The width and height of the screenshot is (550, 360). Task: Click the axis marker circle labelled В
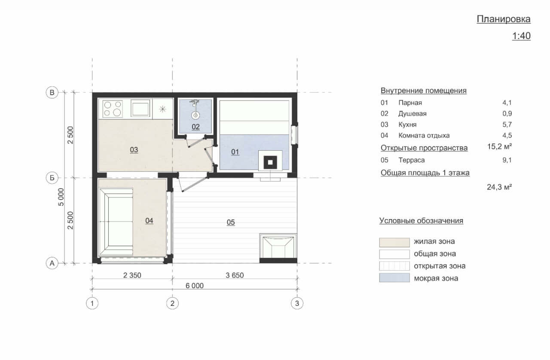[x=52, y=93]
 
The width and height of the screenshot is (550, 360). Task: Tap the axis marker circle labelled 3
[x=297, y=303]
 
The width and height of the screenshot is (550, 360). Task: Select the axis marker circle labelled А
[x=52, y=263]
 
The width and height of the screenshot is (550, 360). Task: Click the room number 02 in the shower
[x=196, y=127]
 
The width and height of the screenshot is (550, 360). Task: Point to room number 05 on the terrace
[x=231, y=223]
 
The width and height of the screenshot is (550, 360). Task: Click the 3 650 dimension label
[x=235, y=275]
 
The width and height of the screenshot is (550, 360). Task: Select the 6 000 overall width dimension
[x=195, y=286]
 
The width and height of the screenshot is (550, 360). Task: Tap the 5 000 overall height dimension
[x=61, y=197]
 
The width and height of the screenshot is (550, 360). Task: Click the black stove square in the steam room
[x=270, y=162]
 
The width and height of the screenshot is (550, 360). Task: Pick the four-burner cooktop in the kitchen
[x=113, y=109]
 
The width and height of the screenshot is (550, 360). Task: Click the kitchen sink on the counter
[x=140, y=108]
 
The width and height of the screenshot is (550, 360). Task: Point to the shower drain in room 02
[x=196, y=115]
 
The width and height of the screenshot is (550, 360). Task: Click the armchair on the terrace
[x=278, y=246]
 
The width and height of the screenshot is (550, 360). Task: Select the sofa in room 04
[x=116, y=222]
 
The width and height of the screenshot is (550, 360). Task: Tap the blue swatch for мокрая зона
[x=394, y=278]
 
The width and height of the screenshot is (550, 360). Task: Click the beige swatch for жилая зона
[x=394, y=242]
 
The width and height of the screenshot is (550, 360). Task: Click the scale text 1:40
[x=521, y=36]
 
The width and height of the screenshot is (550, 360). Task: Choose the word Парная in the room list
[x=410, y=103]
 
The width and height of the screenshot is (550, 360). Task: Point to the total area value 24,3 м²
[x=499, y=187]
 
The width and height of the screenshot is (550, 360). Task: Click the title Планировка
[x=504, y=19]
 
